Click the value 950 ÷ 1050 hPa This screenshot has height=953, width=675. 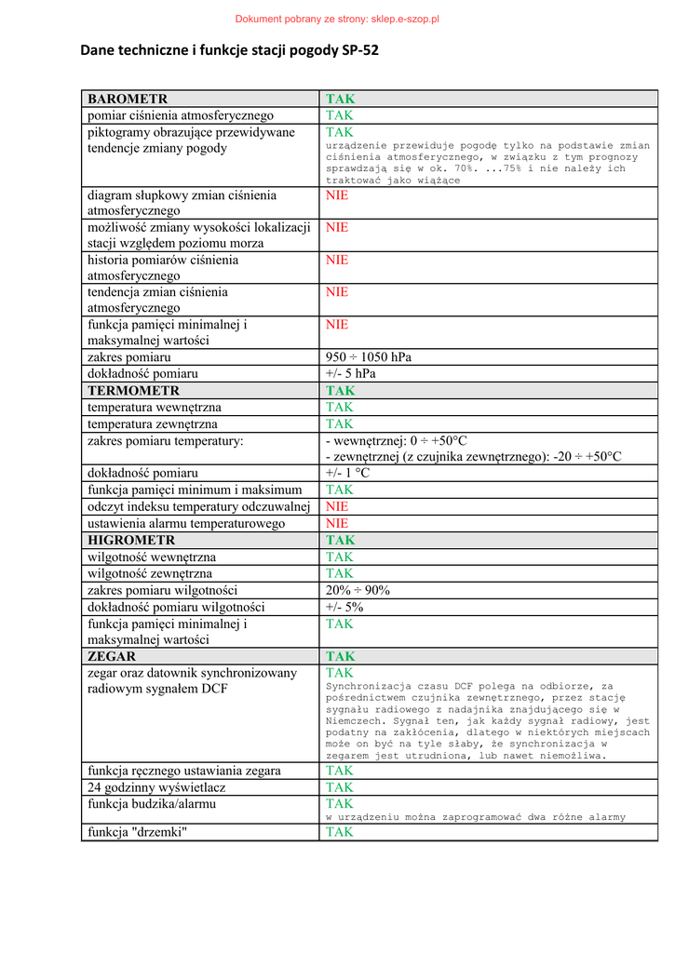tap(369, 357)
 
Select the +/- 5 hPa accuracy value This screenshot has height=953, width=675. tap(351, 374)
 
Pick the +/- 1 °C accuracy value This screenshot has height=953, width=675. tap(348, 473)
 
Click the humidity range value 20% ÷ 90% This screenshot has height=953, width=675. tap(358, 590)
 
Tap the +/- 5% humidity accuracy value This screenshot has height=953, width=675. tap(344, 607)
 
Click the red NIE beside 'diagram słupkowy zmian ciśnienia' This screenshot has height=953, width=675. tap(337, 195)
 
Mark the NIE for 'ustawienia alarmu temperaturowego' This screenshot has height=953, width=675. tap(337, 523)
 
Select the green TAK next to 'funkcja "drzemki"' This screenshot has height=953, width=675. tap(340, 832)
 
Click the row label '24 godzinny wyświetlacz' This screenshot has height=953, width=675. tap(156, 787)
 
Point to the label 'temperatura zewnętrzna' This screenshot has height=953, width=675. tap(153, 424)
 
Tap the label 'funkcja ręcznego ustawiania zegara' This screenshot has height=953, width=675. tap(184, 771)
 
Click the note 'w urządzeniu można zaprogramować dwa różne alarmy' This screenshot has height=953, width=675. tap(476, 817)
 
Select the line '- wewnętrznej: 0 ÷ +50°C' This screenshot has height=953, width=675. tap(397, 440)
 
